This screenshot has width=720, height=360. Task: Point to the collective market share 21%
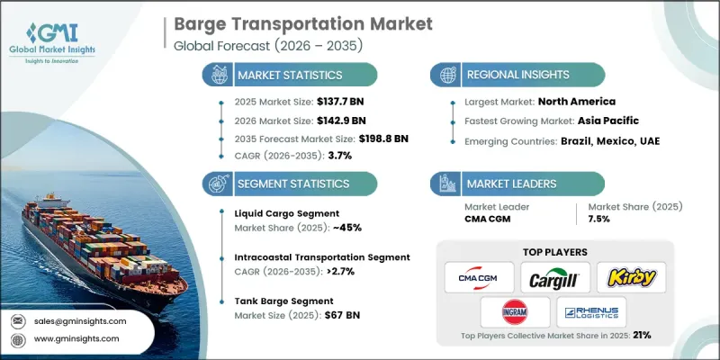click(x=642, y=334)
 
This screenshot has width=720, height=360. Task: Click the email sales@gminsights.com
click(x=82, y=320)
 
